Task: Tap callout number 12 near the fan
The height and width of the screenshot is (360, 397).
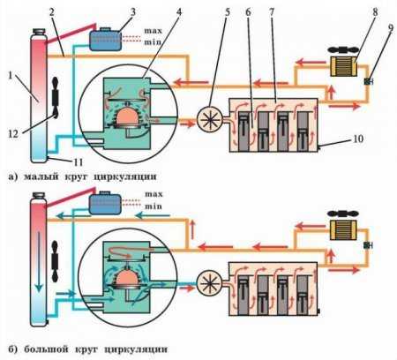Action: point(13,134)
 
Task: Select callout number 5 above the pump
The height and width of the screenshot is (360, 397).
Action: point(228,12)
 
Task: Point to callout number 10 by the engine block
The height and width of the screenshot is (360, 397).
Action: point(358,139)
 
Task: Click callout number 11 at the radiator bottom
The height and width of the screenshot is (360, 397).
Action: point(78,161)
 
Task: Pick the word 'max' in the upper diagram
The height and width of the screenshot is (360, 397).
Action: point(153,31)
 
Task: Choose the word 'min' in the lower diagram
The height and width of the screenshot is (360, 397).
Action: point(154,206)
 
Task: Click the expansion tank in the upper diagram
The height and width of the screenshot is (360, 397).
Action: point(105,40)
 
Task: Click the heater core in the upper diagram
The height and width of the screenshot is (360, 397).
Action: point(343,66)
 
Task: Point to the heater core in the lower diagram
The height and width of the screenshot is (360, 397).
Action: point(343,230)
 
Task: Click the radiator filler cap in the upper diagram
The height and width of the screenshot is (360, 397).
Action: point(39,31)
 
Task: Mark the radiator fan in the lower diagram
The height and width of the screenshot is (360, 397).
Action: point(55,261)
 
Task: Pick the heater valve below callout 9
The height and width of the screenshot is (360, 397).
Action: point(368,81)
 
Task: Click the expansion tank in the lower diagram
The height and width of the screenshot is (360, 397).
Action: point(105,203)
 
